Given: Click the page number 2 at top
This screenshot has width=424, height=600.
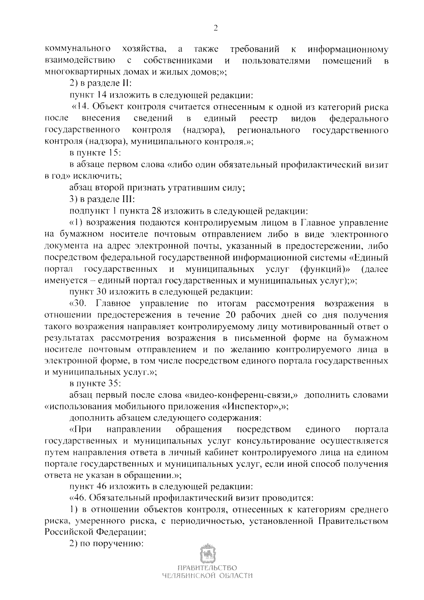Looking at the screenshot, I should pyautogui.click(x=215, y=29).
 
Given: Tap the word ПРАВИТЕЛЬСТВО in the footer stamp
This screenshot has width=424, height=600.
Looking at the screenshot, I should pyautogui.click(x=207, y=578).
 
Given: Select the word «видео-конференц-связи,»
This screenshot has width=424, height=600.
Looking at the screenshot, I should pyautogui.click(x=241, y=395).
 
